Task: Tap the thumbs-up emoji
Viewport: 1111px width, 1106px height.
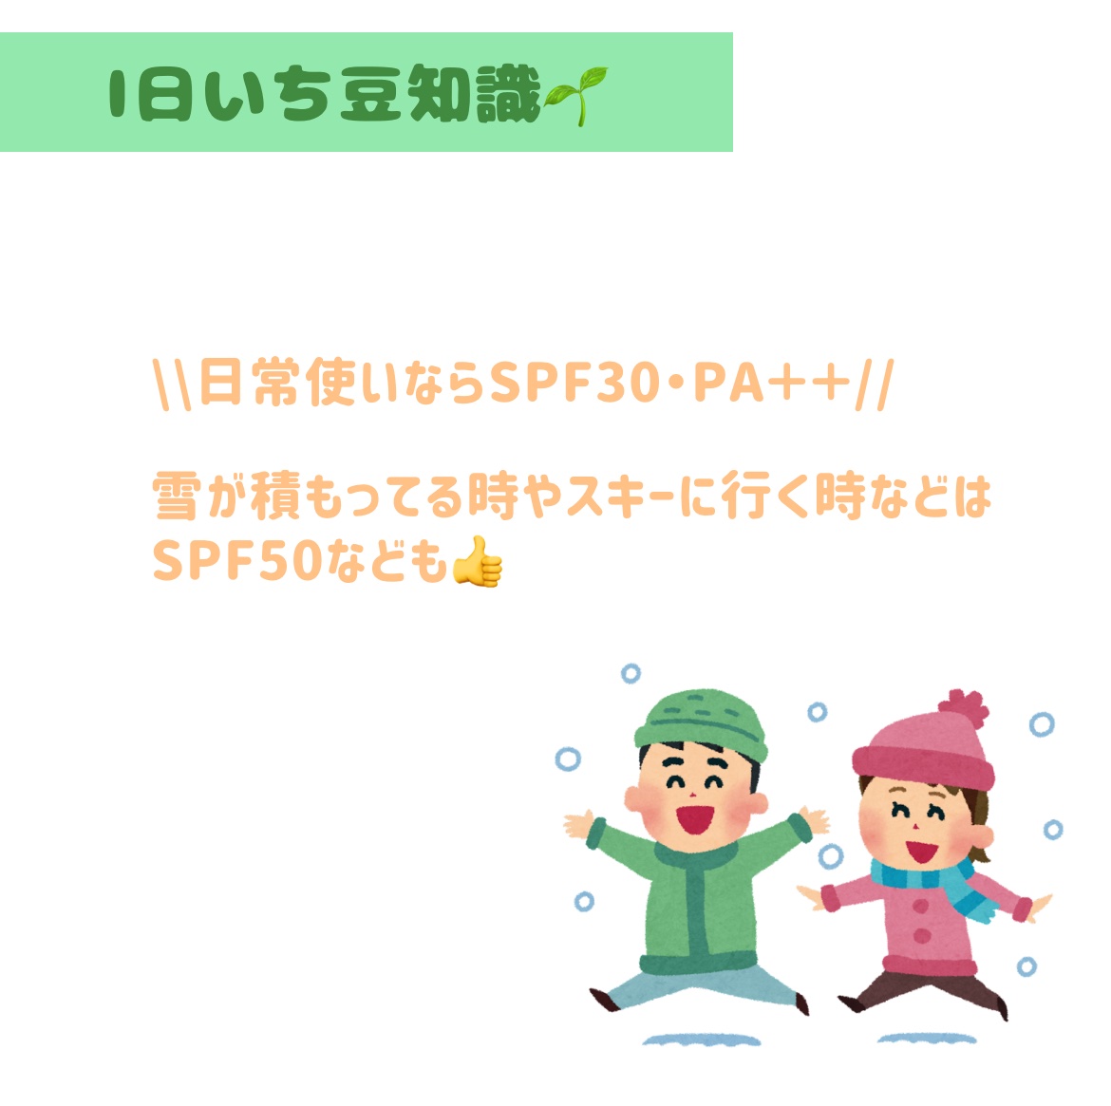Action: click(478, 562)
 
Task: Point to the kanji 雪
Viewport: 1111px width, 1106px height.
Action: click(175, 496)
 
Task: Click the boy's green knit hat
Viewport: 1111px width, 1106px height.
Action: click(701, 723)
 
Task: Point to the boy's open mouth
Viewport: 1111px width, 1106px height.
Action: click(694, 818)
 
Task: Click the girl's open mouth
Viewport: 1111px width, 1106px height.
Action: click(921, 851)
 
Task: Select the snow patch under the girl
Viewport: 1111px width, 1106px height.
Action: click(926, 1039)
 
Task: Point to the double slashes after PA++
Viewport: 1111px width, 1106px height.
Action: click(875, 384)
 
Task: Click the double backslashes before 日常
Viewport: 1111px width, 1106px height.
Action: click(172, 384)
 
